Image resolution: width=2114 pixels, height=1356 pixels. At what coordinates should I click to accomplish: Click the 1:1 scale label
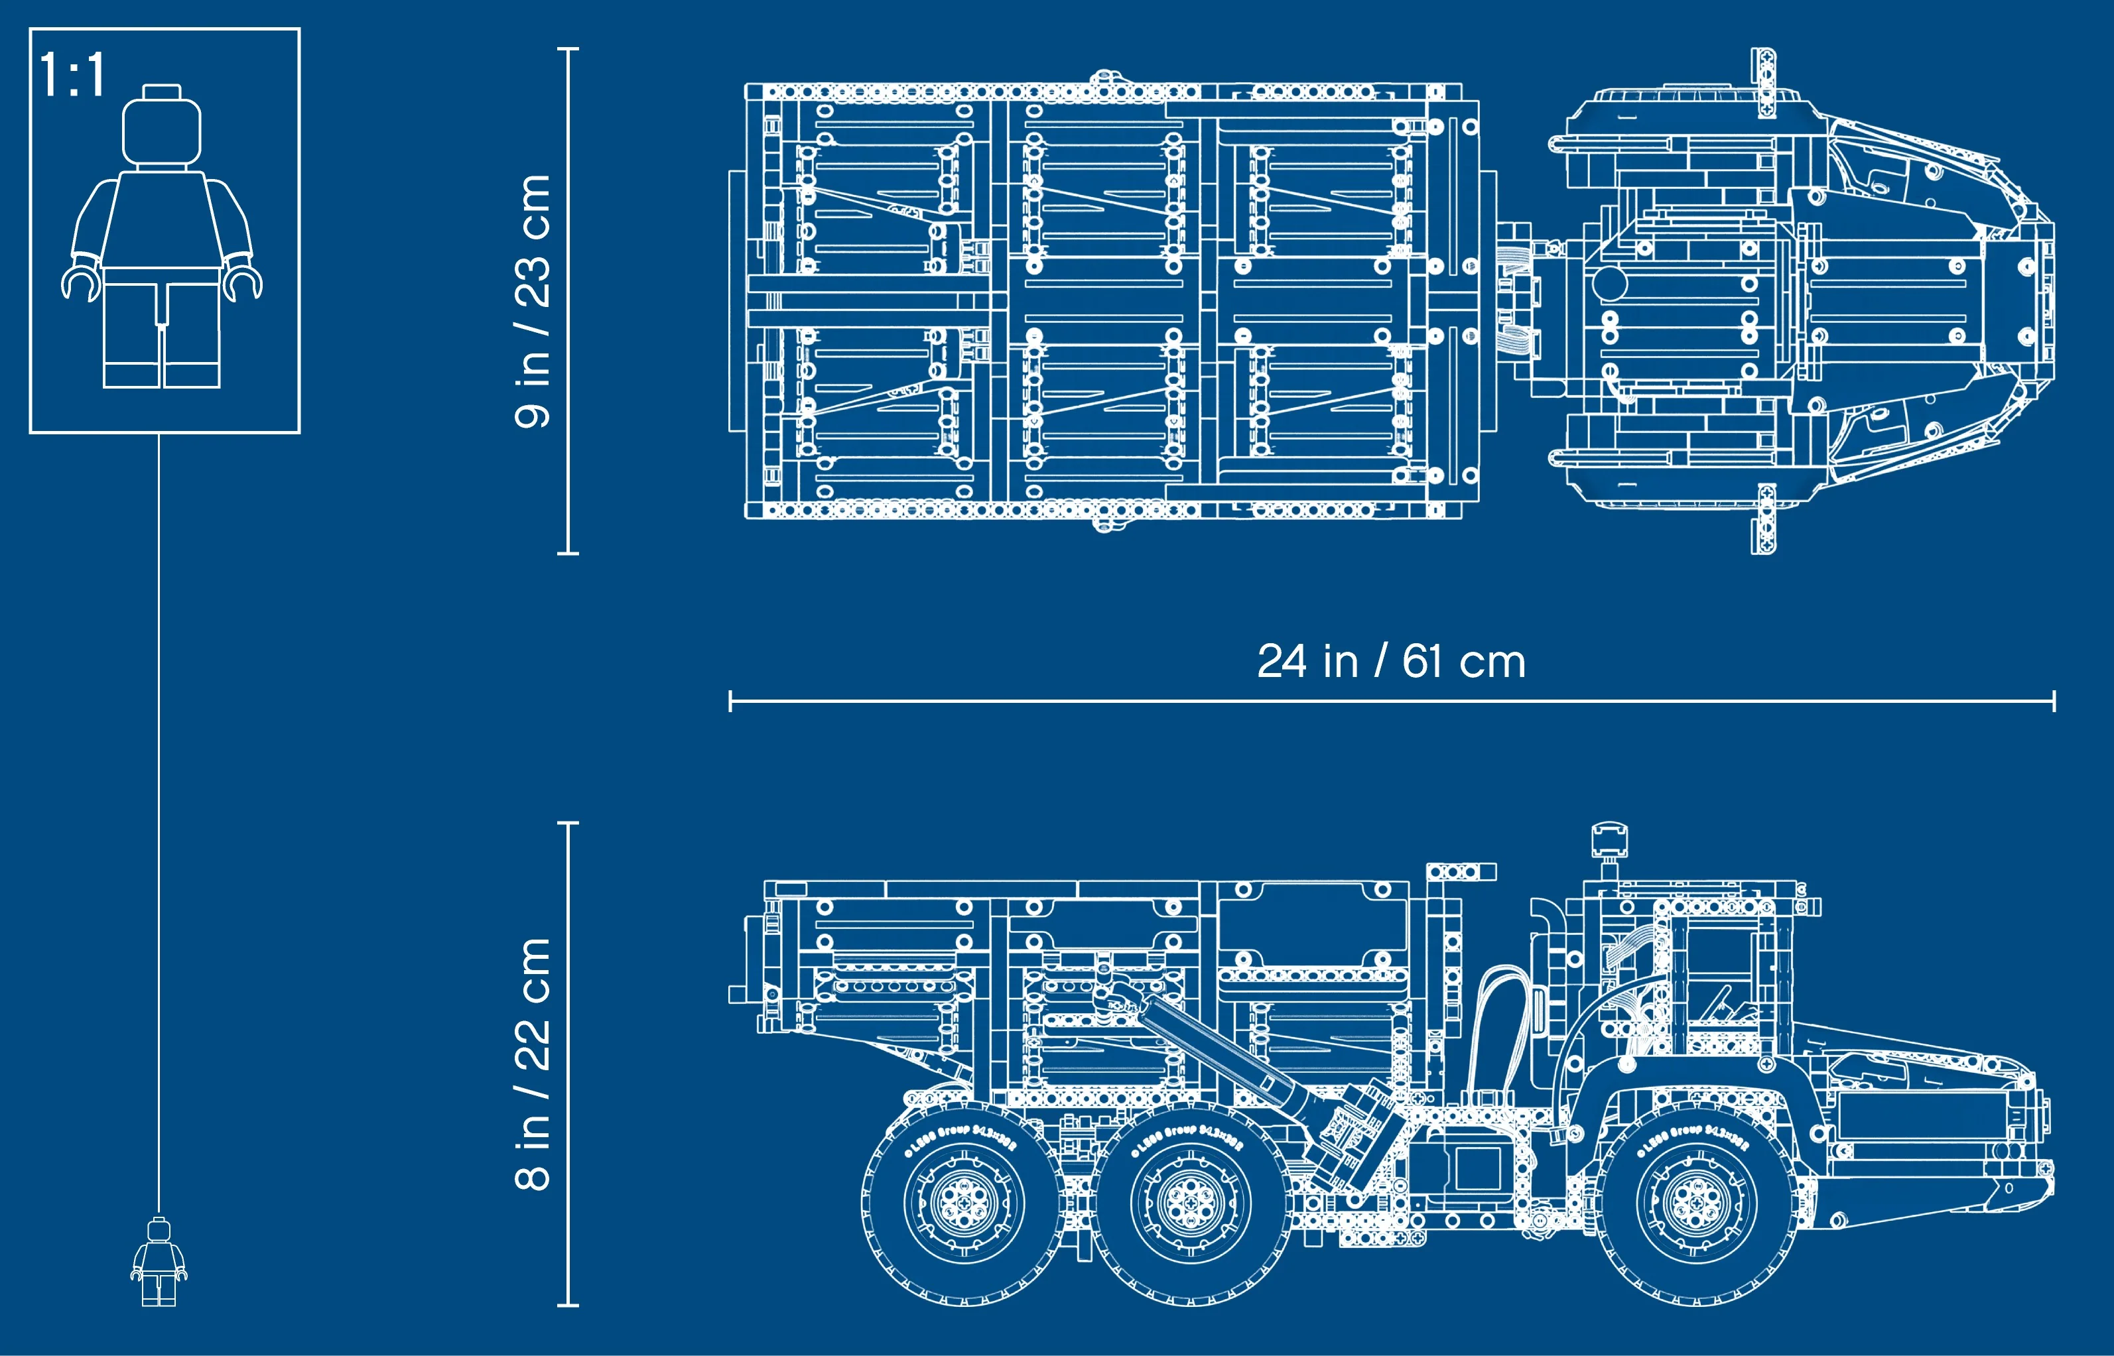[x=72, y=75]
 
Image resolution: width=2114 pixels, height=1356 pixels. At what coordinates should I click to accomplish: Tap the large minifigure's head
[x=161, y=131]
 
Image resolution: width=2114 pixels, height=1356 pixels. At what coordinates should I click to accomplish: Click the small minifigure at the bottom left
[x=159, y=1262]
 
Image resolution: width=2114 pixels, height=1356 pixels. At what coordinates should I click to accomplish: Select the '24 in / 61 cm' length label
[x=1391, y=661]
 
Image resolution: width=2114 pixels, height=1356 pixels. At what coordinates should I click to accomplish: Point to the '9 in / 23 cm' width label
[x=533, y=301]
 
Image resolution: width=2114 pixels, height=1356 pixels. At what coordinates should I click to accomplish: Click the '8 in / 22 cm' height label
[x=533, y=1064]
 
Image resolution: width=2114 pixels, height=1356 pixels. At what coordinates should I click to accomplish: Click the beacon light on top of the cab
[x=1609, y=840]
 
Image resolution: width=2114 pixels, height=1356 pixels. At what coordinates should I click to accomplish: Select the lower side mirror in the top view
[x=1762, y=519]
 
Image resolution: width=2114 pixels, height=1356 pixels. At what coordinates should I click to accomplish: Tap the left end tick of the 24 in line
[x=730, y=702]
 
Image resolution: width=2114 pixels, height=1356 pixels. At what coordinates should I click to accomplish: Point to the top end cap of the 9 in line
[x=568, y=49]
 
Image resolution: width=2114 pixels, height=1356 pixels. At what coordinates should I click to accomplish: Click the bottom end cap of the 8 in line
[x=568, y=1305]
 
